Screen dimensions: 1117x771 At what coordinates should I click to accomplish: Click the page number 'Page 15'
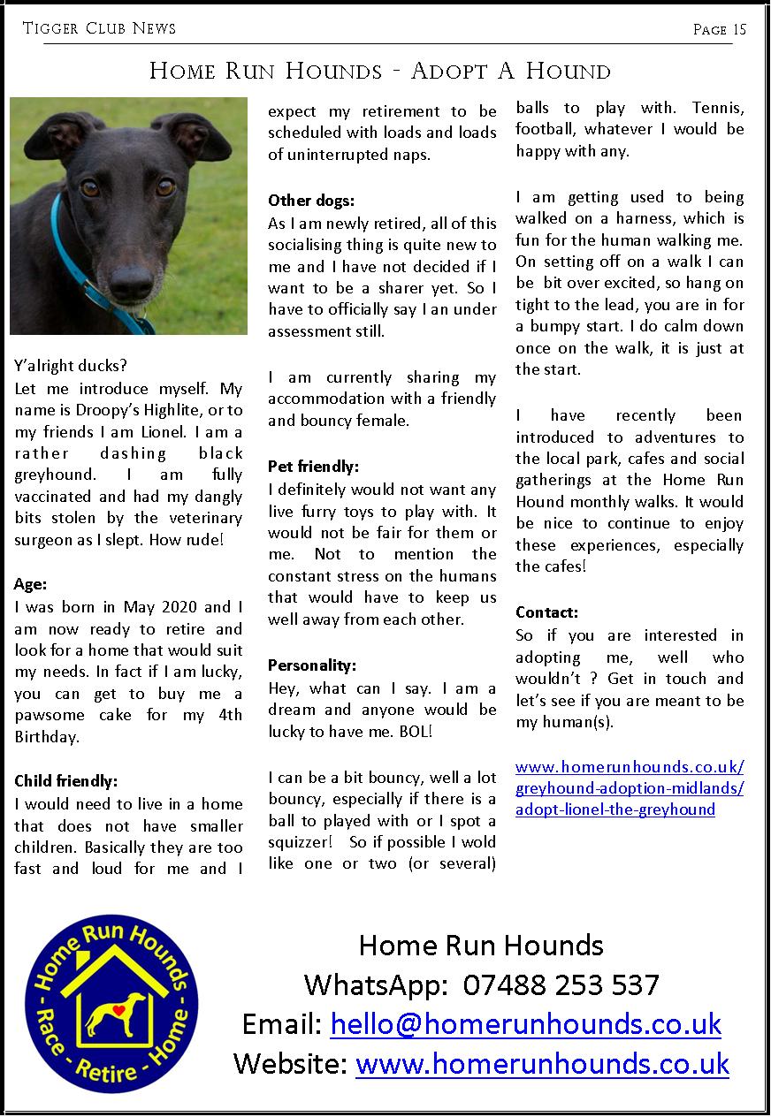pos(720,29)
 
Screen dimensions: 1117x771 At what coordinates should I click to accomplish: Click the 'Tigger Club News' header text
pos(99,29)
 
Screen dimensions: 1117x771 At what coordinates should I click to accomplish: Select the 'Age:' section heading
pos(30,584)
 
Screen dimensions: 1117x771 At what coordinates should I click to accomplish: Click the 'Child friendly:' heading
pos(66,781)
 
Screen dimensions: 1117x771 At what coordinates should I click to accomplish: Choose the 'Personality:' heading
pos(312,665)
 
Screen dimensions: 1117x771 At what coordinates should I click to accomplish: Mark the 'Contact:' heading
pos(546,612)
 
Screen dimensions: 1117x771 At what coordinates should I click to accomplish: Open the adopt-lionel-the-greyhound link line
pos(615,809)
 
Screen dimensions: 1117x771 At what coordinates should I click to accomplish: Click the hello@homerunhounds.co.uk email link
pos(525,1024)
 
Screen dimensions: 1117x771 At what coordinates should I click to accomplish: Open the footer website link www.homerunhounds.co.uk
pos(542,1063)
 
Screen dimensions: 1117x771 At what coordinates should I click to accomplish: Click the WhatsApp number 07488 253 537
pos(561,984)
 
